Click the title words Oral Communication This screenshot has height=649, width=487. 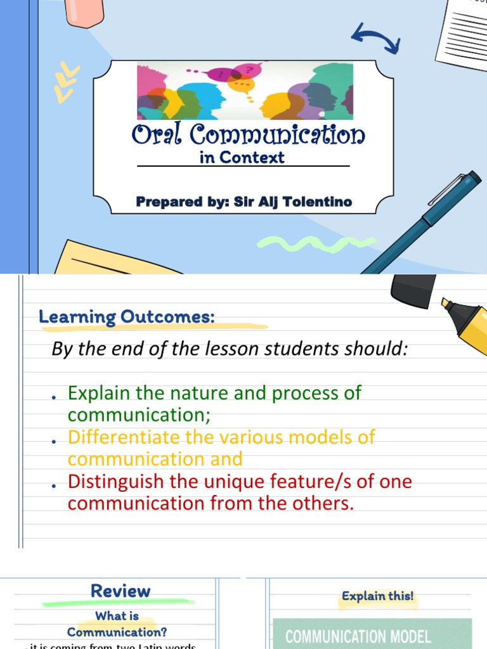248,135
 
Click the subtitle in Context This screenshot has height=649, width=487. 242,158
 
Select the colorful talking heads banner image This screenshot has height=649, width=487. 245,91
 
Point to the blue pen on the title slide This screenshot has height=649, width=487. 422,221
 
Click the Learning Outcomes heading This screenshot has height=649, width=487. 127,317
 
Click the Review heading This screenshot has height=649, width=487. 120,591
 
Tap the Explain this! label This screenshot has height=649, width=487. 377,596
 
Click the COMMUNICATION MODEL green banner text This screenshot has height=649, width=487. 358,636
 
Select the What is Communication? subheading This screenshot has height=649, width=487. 117,624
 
